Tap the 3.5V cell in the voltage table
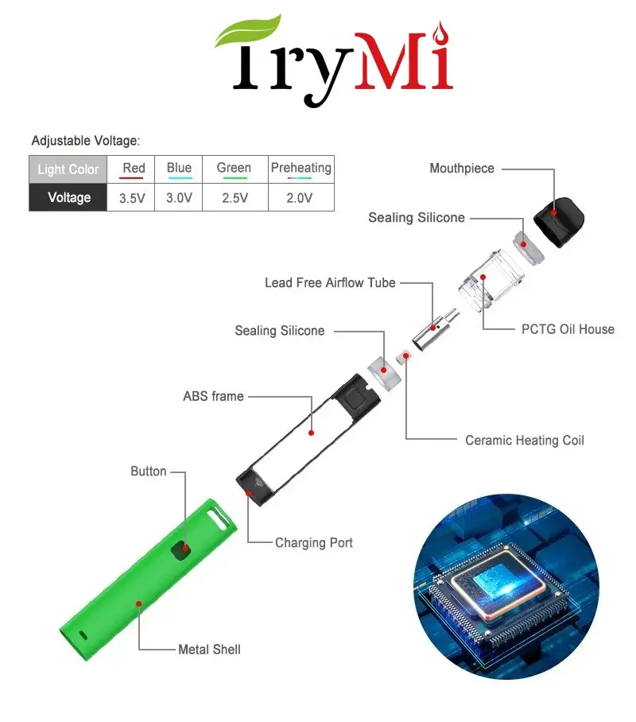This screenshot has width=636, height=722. (x=133, y=198)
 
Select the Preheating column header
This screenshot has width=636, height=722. (x=301, y=168)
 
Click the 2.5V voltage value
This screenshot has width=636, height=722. (x=234, y=198)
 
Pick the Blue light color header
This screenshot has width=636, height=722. (x=179, y=168)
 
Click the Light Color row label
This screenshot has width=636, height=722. (x=68, y=169)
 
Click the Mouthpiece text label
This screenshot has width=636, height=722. (x=462, y=169)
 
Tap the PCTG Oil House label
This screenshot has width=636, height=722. (x=568, y=329)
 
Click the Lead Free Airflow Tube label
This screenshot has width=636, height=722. (x=330, y=283)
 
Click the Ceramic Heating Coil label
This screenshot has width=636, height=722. (x=524, y=440)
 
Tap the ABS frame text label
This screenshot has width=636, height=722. (x=213, y=396)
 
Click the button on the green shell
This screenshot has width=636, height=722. (x=185, y=548)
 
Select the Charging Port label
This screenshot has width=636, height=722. (x=313, y=543)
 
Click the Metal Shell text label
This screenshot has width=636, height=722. (x=209, y=650)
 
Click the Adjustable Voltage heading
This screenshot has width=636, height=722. (x=86, y=141)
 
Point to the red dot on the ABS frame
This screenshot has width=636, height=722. (x=312, y=433)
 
